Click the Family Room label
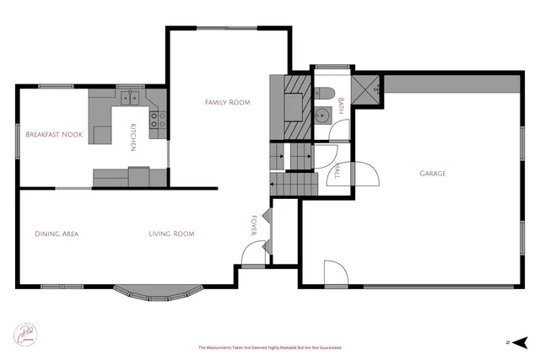(x=228, y=102)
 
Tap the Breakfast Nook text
(x=54, y=134)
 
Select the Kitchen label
(x=132, y=138)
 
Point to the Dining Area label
(x=57, y=234)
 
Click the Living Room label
(x=172, y=234)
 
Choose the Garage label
(x=433, y=174)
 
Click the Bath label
(x=341, y=105)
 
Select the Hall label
(x=337, y=172)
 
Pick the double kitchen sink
(x=130, y=98)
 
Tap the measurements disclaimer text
(x=269, y=347)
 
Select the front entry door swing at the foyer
(x=252, y=253)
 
